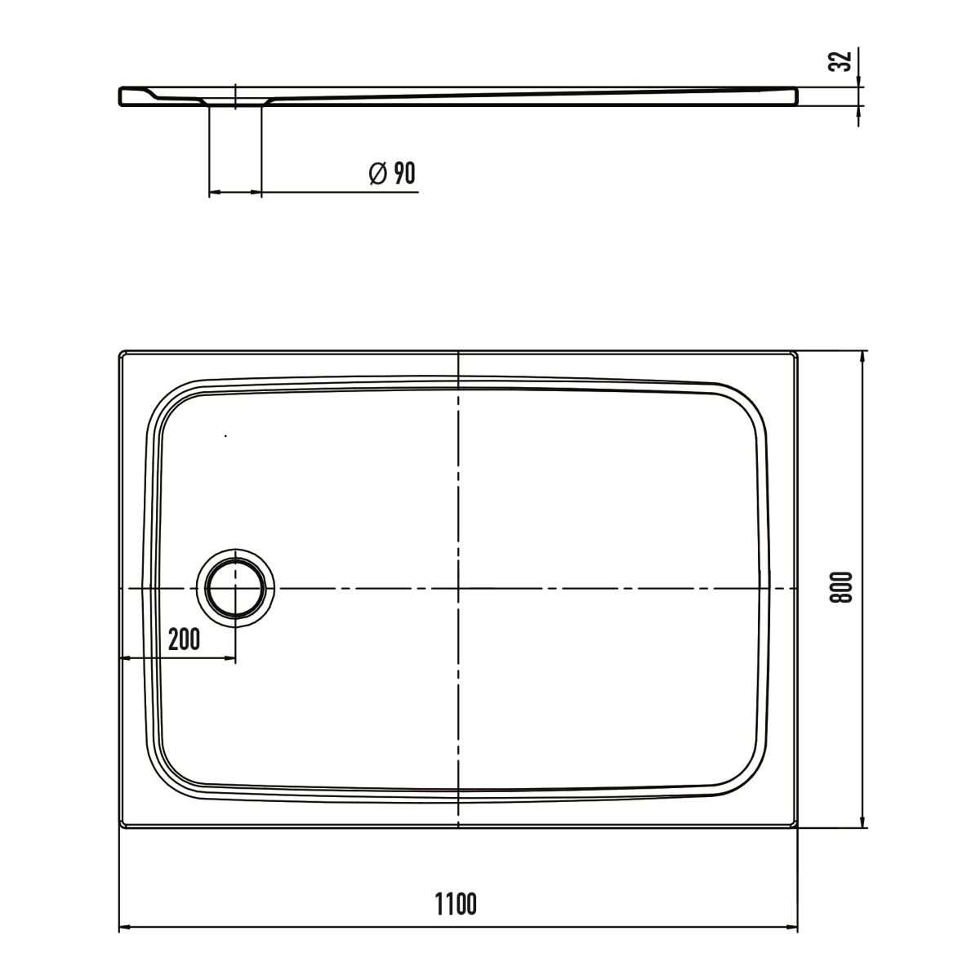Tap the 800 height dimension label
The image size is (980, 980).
click(840, 587)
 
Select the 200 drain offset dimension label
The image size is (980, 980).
click(184, 639)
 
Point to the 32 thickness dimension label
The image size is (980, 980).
click(840, 61)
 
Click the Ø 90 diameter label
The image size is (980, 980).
click(392, 173)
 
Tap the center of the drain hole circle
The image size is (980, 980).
click(235, 588)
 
